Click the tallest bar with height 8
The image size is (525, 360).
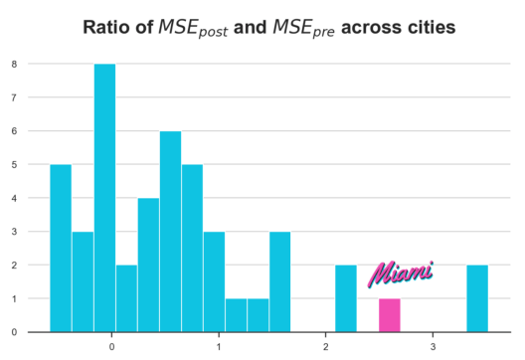pos(104,198)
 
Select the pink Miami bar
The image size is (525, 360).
pos(390,315)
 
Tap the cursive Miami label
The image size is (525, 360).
pos(401,274)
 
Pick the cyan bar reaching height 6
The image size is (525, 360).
pos(170,232)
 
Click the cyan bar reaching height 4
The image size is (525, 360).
pos(149,265)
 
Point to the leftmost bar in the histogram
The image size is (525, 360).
pos(61,249)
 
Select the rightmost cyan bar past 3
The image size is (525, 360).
pos(477,298)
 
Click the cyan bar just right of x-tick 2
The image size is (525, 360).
pos(346,298)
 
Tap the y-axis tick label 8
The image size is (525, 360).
pos(14,64)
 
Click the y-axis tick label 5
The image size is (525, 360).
pos(14,164)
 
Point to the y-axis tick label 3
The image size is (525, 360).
pos(14,232)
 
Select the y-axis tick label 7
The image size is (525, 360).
pos(14,97)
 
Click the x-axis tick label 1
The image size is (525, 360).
pos(219,347)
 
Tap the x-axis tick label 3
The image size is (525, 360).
pos(433,347)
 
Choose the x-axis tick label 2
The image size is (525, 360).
pos(326,347)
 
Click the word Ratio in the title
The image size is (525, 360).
pos(106,27)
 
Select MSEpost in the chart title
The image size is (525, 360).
pos(193,28)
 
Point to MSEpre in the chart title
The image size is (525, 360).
pos(303,28)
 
